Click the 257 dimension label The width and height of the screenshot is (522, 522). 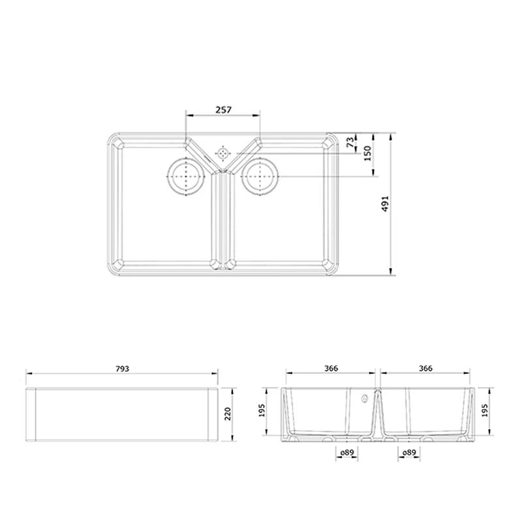pyautogui.click(x=223, y=110)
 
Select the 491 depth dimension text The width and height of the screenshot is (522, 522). pyautogui.click(x=386, y=205)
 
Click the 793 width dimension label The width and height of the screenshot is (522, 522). pyautogui.click(x=123, y=369)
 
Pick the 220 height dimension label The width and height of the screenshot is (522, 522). pyautogui.click(x=228, y=414)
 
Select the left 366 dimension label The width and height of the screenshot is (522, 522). pyautogui.click(x=331, y=369)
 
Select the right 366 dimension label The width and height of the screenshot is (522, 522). pyautogui.click(x=425, y=369)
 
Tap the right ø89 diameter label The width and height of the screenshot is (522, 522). pyautogui.click(x=410, y=452)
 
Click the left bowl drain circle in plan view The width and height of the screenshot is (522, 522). pyautogui.click(x=187, y=177)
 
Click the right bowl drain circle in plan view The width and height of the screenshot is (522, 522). pyautogui.click(x=260, y=177)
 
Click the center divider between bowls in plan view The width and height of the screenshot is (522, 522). pyautogui.click(x=223, y=219)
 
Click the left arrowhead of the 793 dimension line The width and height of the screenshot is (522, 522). pyautogui.click(x=28, y=374)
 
